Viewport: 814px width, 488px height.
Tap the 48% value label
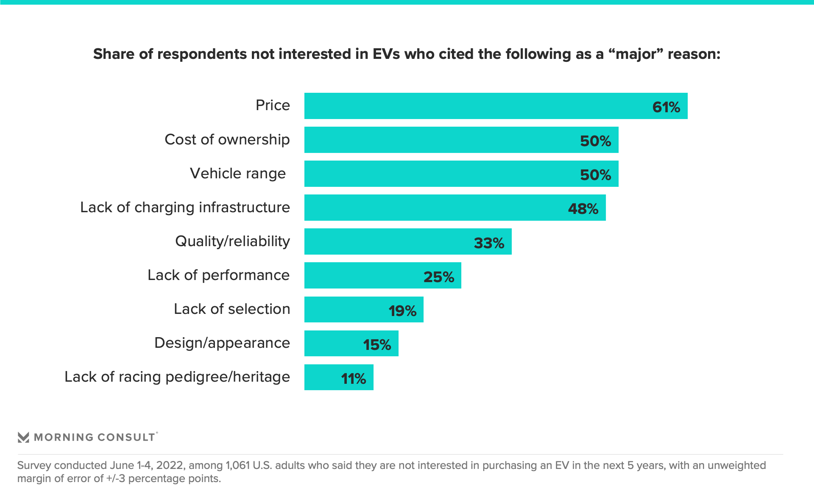tap(583, 208)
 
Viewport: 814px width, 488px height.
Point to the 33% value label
tap(489, 243)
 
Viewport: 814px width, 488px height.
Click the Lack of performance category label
tap(218, 275)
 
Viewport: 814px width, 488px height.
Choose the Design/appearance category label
tap(222, 343)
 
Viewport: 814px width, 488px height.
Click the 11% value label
tap(353, 378)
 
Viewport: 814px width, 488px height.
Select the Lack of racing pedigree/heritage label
tap(177, 377)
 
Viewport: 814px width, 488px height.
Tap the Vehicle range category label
tap(238, 174)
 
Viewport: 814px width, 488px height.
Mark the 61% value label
tap(666, 107)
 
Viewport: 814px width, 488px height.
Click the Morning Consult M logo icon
tap(23, 437)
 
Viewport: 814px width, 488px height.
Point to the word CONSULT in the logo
tap(126, 437)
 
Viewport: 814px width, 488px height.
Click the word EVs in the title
tap(386, 54)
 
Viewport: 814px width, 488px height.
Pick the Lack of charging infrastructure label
tap(185, 208)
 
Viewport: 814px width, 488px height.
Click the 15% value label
tap(377, 344)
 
